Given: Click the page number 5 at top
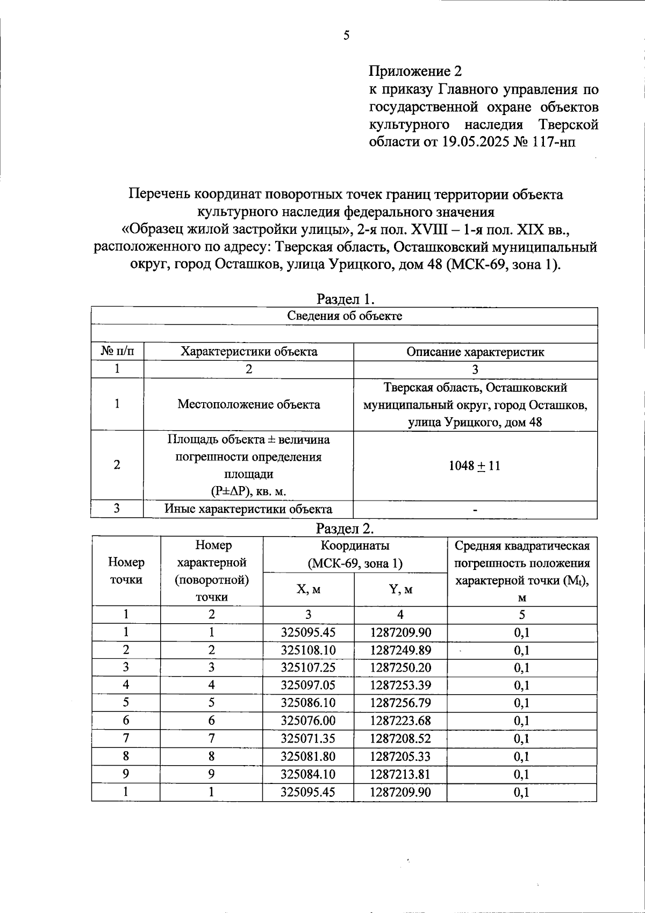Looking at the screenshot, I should [x=346, y=36].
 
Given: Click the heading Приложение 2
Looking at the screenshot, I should [x=415, y=71].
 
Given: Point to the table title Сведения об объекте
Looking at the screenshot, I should [x=345, y=316].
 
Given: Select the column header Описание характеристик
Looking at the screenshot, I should [x=475, y=352].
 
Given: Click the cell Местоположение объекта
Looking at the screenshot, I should [x=248, y=404].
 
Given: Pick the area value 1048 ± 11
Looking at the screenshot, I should [x=475, y=466].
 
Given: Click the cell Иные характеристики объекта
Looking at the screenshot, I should [x=248, y=509].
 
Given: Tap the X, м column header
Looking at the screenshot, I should [x=309, y=589].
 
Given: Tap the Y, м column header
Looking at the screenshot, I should [x=400, y=589].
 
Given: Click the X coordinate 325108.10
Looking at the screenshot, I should [x=309, y=650].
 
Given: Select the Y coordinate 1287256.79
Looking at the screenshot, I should [x=400, y=703].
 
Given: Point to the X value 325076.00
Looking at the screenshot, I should [x=309, y=721].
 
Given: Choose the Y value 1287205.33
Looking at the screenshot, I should [x=400, y=757].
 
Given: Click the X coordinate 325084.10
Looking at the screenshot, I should [x=309, y=774].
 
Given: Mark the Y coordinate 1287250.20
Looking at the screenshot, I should [x=400, y=668].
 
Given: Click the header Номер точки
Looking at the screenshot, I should [x=126, y=571].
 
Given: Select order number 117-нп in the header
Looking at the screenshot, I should [x=556, y=142].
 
